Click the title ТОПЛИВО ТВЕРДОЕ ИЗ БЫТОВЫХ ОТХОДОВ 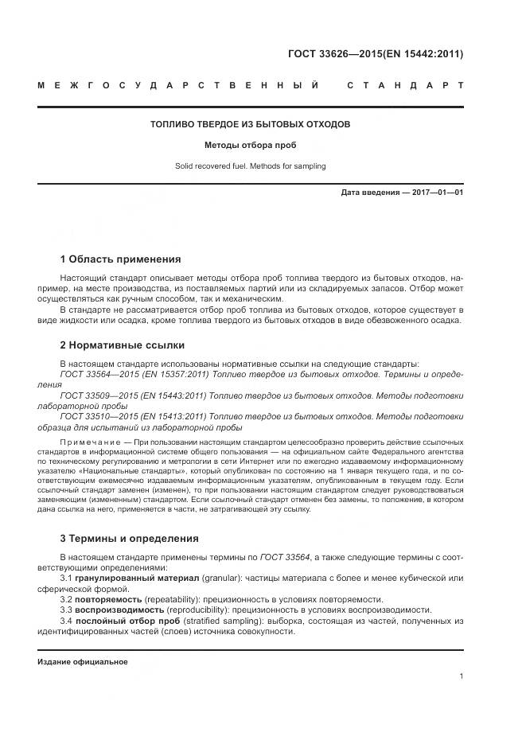250,124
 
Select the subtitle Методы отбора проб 250,146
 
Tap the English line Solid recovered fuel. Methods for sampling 250,166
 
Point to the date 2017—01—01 437,193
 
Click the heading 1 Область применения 120,259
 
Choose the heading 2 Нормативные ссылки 122,345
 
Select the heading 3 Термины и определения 129,538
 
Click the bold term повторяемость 109,598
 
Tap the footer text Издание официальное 83,662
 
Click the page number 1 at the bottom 461,676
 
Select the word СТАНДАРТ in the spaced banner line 405,85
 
